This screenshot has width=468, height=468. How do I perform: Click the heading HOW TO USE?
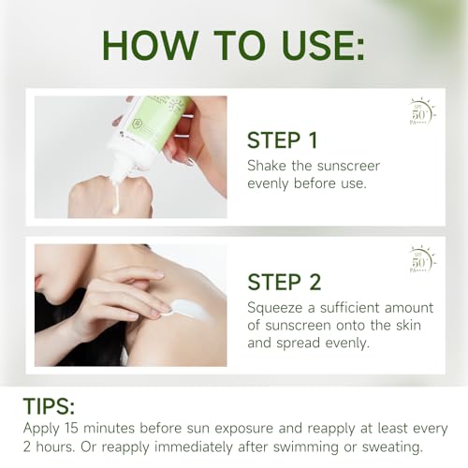233,45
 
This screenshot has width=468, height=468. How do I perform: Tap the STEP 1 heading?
282,140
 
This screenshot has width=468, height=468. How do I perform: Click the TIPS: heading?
48,408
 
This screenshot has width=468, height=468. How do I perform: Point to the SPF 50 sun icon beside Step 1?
422,112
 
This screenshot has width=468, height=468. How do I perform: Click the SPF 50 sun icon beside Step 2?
422,259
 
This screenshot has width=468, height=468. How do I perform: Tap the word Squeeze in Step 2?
279,308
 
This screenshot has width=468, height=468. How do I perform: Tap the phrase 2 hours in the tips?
42,447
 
